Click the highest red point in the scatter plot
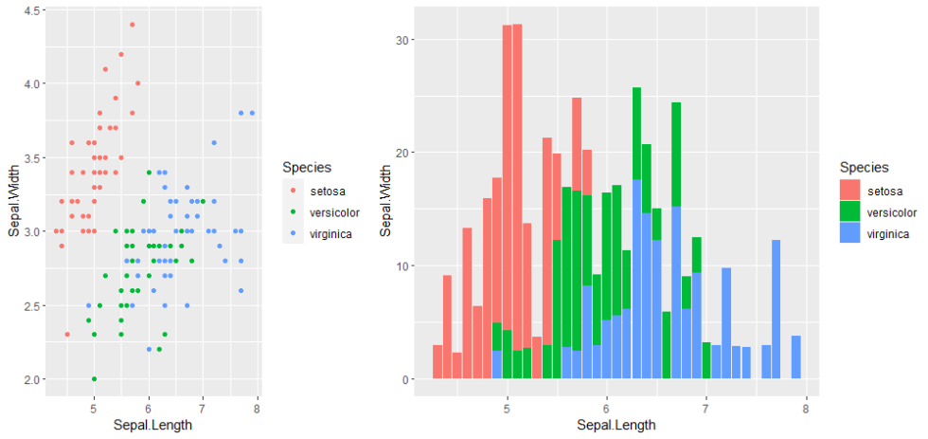pyautogui.click(x=132, y=25)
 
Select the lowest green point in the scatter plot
pyautogui.click(x=94, y=379)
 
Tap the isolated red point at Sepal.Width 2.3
pyautogui.click(x=66, y=335)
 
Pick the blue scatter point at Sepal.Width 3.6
pyautogui.click(x=214, y=142)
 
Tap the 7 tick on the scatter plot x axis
pyautogui.click(x=203, y=408)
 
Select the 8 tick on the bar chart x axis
pyautogui.click(x=804, y=408)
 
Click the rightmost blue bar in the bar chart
pyautogui.click(x=796, y=357)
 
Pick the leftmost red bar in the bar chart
pyautogui.click(x=437, y=362)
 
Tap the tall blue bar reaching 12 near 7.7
pyautogui.click(x=776, y=309)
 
